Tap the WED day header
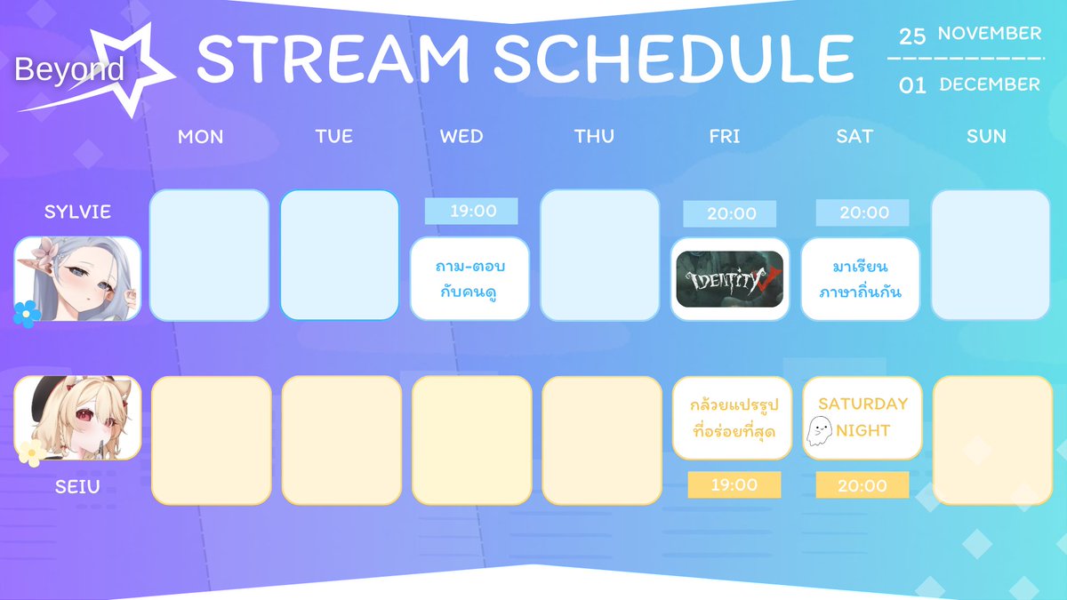pos(461,137)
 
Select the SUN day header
pos(986,137)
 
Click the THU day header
pos(594,137)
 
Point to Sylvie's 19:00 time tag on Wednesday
pos(471,211)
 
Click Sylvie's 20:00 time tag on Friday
pos(729,214)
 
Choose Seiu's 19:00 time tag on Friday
pos(734,484)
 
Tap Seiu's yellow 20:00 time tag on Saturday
pos(862,485)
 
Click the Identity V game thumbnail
pos(729,279)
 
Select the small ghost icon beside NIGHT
pos(819,431)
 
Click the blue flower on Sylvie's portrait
pos(26,314)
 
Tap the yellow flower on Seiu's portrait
pos(32,452)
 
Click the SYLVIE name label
pos(77,212)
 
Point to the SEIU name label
pos(77,487)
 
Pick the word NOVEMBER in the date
pos(990,34)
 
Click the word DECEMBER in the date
pos(990,84)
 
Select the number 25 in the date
pos(911,36)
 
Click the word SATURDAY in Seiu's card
pos(862,404)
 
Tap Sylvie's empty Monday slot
pos(209,255)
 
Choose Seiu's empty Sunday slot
pos(992,441)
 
